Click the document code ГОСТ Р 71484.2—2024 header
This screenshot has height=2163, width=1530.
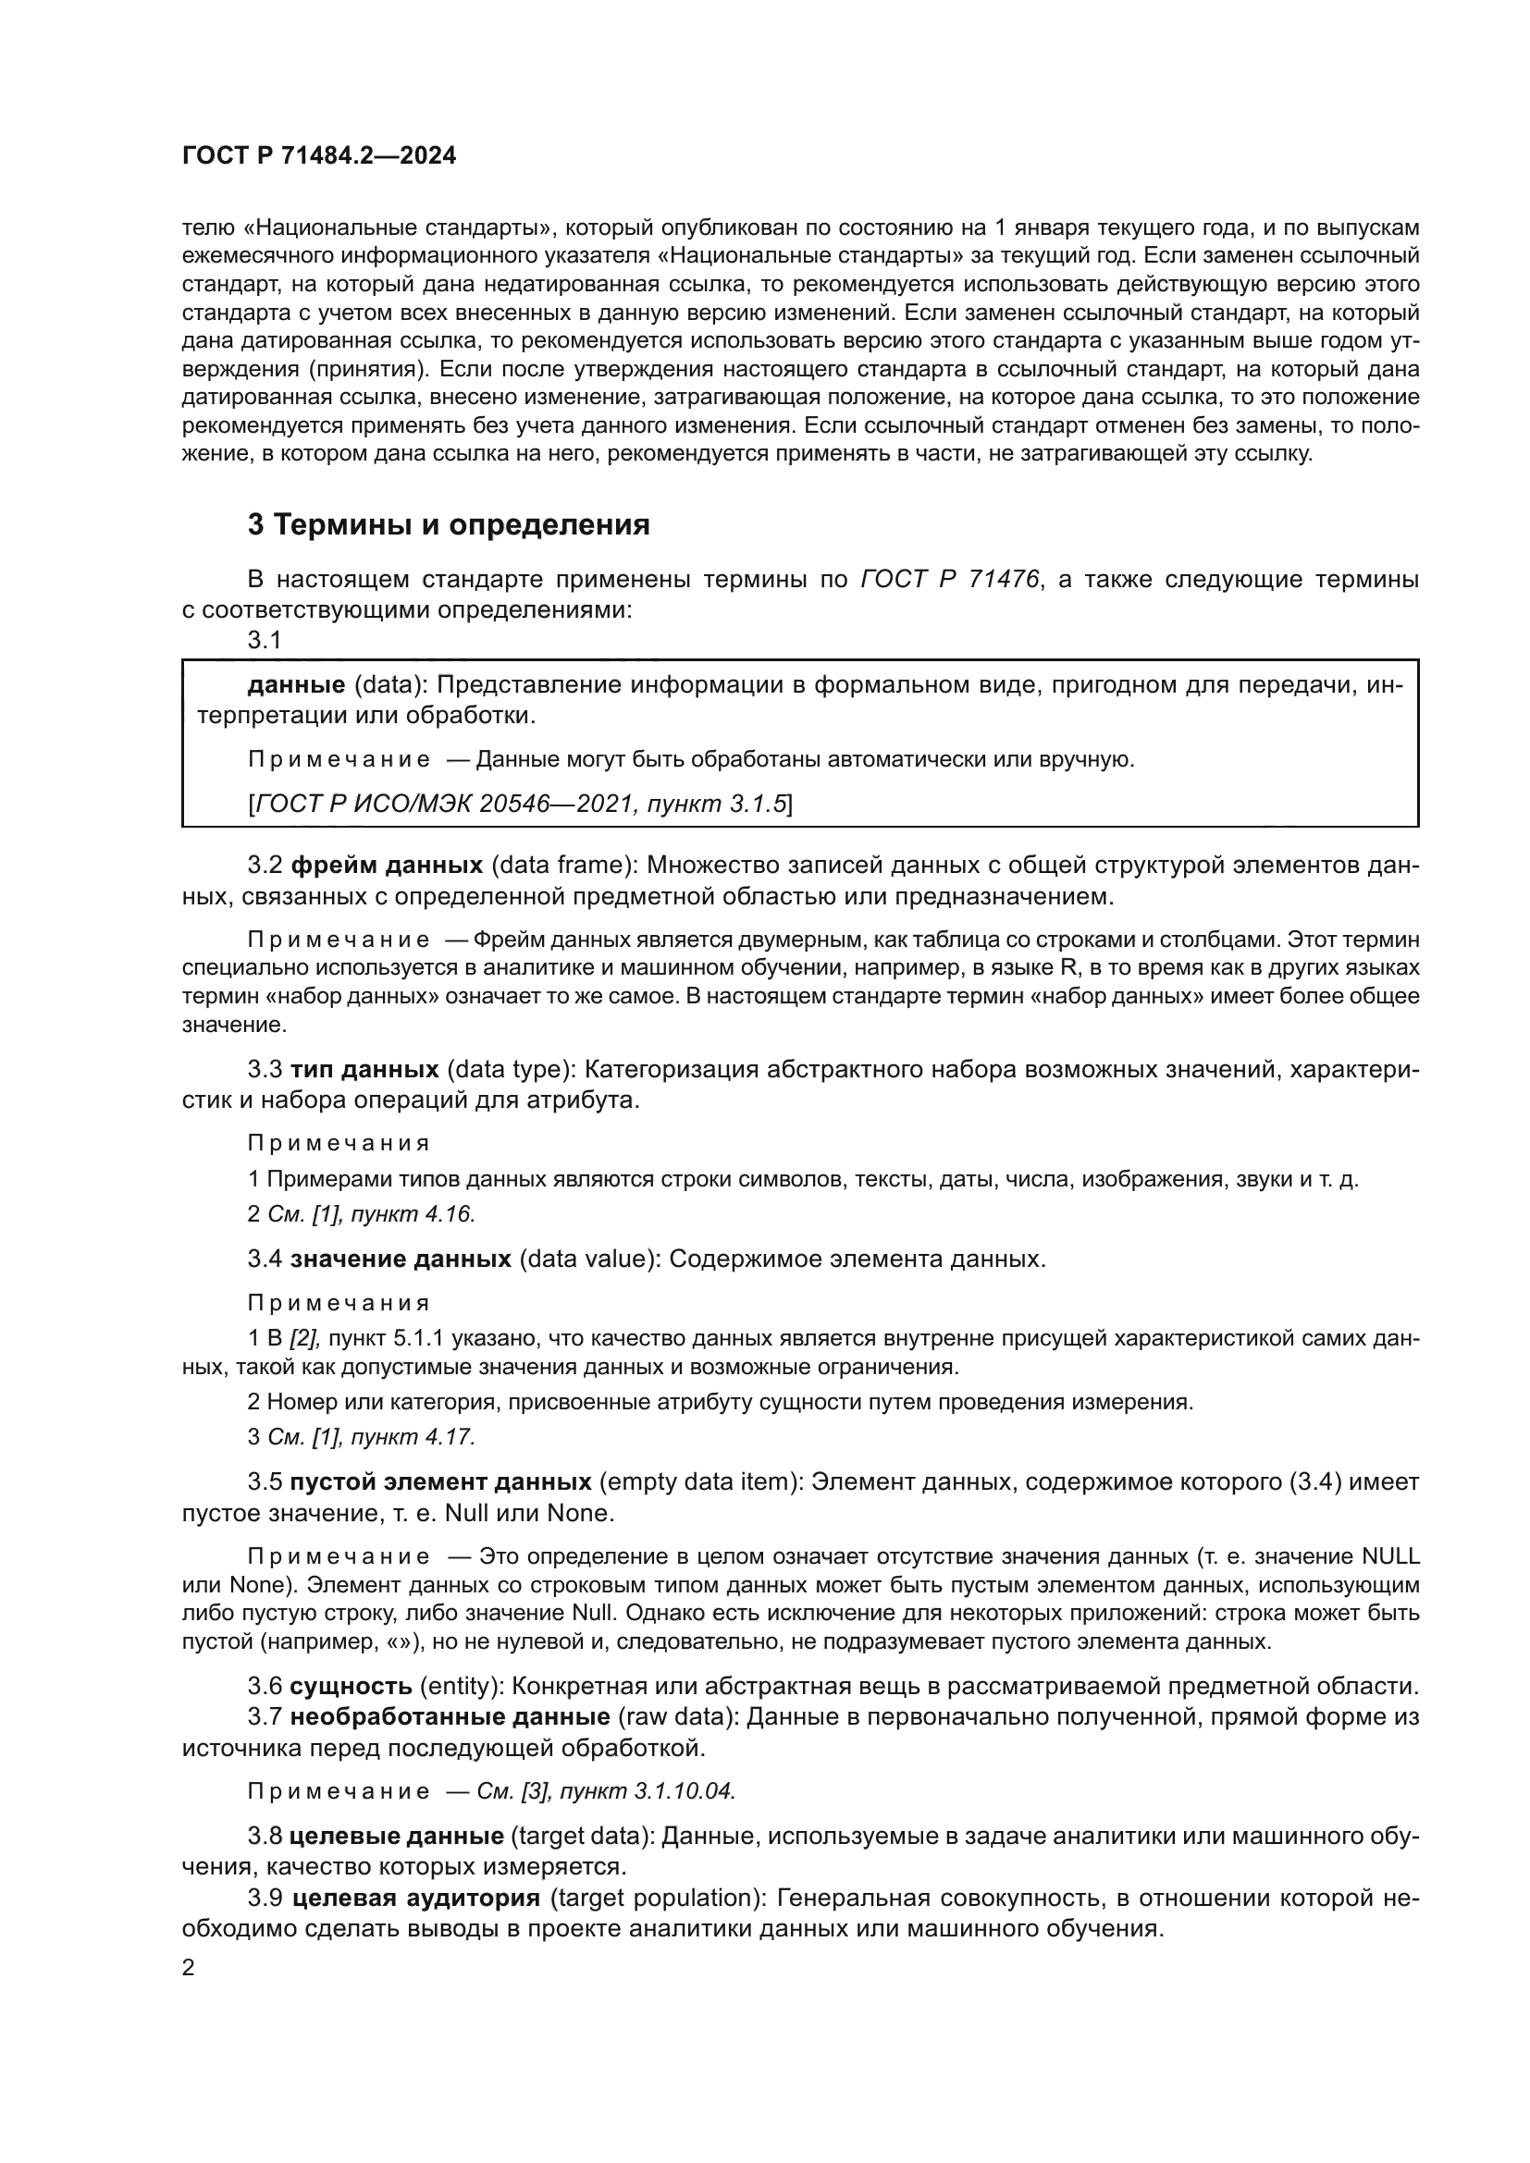tap(318, 156)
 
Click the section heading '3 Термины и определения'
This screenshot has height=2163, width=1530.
tap(449, 524)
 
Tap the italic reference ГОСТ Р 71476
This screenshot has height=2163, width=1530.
tap(950, 580)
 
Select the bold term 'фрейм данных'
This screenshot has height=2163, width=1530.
tap(387, 865)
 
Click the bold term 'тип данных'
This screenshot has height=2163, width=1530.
tap(364, 1069)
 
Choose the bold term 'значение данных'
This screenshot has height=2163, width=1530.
tap(401, 1259)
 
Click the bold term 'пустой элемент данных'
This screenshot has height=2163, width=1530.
tap(441, 1481)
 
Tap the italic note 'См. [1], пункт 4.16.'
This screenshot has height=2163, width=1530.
tap(371, 1214)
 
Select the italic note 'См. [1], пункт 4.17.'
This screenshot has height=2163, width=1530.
tap(371, 1437)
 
